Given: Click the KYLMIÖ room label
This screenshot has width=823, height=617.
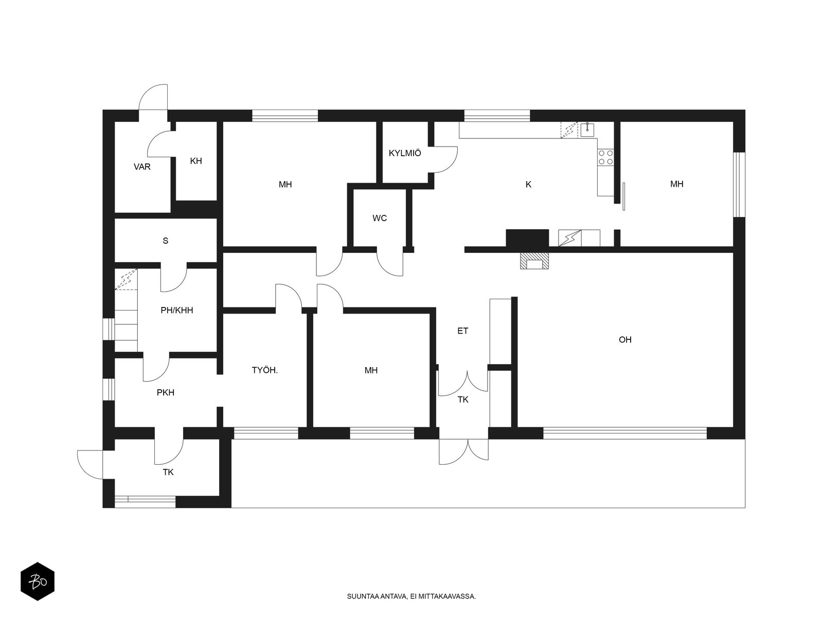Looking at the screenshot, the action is [405, 153].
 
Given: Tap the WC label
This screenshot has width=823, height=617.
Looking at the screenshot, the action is [380, 218].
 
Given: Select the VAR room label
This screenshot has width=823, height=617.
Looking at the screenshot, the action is [142, 167].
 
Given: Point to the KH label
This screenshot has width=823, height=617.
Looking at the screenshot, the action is [196, 161].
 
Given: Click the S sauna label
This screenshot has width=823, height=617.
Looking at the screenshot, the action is [165, 241].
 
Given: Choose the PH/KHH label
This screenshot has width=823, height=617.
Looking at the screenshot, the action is [176, 310].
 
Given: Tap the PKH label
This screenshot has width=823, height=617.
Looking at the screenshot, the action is [165, 392].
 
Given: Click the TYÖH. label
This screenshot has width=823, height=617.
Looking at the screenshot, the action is [265, 370].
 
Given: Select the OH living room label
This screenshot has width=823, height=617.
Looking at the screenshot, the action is [625, 339].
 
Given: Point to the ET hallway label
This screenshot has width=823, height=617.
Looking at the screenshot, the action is [462, 331].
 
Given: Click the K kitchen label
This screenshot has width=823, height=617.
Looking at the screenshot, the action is [528, 184].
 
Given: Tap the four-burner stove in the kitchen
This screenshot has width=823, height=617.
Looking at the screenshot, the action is [605, 157].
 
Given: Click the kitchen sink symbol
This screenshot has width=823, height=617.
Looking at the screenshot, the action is [587, 130].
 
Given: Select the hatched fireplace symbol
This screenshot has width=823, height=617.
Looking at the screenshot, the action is [534, 261].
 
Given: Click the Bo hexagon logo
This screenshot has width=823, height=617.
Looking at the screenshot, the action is [38, 582].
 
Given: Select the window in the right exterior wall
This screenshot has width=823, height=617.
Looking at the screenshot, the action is [739, 184].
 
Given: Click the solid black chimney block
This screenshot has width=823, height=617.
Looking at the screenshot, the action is [527, 238].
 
